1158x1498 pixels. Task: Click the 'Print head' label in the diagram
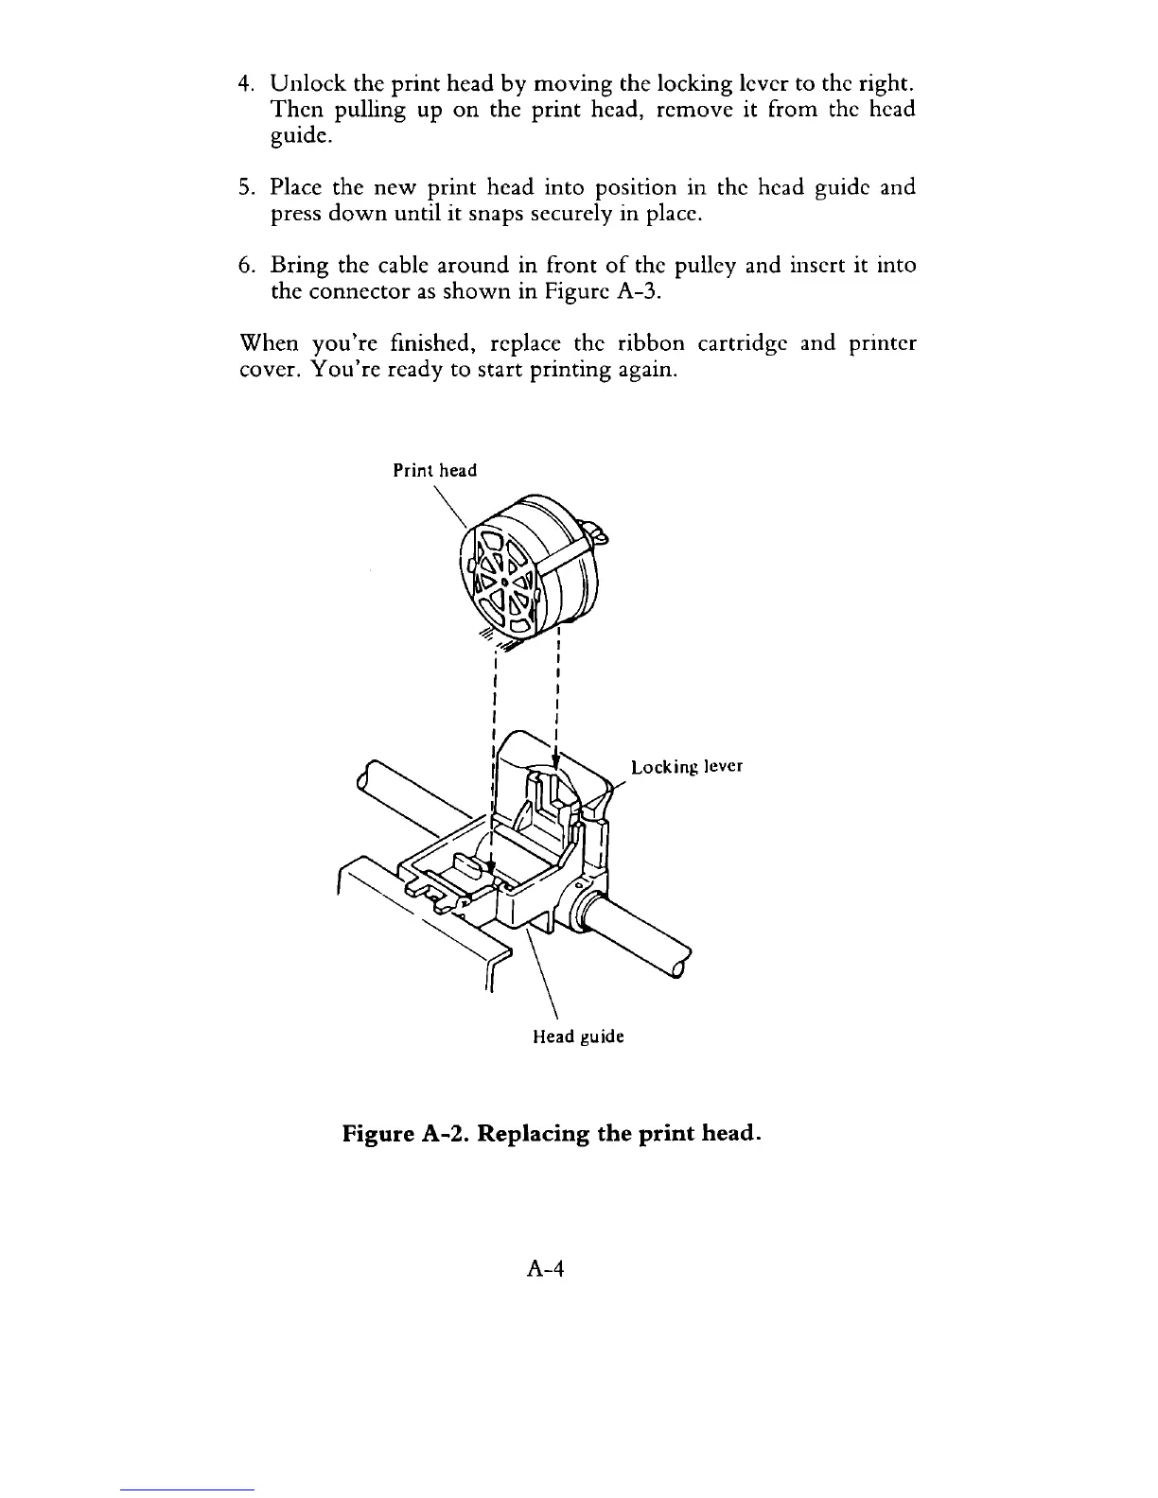tap(435, 470)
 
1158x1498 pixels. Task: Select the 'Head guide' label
tap(578, 1036)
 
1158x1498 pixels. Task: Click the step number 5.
tap(243, 187)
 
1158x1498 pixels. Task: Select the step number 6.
tap(243, 265)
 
